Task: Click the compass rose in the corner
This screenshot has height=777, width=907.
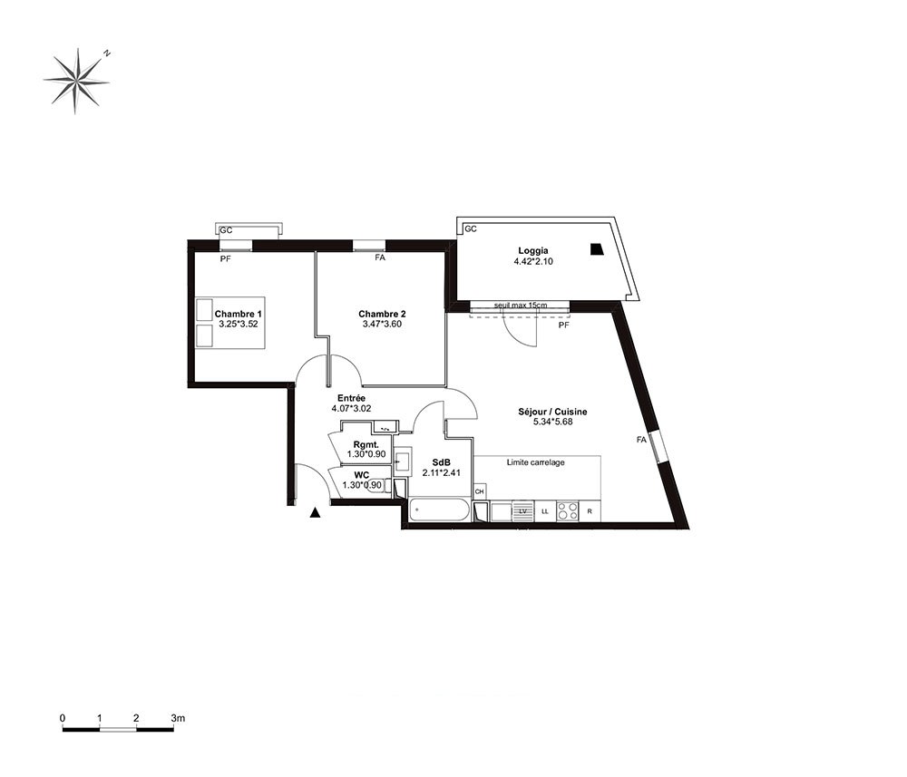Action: pyautogui.click(x=76, y=81)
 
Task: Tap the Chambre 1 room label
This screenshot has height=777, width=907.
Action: pyautogui.click(x=238, y=314)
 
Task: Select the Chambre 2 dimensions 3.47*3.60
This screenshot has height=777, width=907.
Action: pyautogui.click(x=382, y=325)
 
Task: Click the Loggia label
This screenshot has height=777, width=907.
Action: pyautogui.click(x=532, y=251)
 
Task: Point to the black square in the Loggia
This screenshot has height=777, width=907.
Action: pyautogui.click(x=596, y=249)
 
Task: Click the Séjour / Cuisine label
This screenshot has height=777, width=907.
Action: pyautogui.click(x=552, y=412)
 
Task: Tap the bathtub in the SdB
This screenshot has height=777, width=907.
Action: pyautogui.click(x=438, y=510)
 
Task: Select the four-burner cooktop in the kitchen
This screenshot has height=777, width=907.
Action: pyautogui.click(x=567, y=511)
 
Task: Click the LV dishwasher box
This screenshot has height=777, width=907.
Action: pyautogui.click(x=523, y=511)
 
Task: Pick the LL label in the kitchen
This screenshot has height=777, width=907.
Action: pyautogui.click(x=545, y=511)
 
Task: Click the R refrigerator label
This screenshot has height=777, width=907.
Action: pyautogui.click(x=590, y=511)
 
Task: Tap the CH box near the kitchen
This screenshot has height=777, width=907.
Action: pyautogui.click(x=480, y=491)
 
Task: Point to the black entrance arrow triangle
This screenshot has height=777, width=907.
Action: pyautogui.click(x=315, y=512)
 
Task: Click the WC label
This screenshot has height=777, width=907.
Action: pyautogui.click(x=362, y=475)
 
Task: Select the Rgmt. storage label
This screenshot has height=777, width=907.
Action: pyautogui.click(x=366, y=444)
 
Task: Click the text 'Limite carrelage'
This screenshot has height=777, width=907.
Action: pyautogui.click(x=536, y=462)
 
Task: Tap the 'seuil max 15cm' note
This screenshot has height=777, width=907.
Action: pyautogui.click(x=520, y=305)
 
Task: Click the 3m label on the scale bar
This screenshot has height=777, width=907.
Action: pyautogui.click(x=178, y=718)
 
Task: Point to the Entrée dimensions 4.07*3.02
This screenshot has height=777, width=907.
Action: pyautogui.click(x=351, y=408)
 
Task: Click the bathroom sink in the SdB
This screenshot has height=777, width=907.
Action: pyautogui.click(x=403, y=461)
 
